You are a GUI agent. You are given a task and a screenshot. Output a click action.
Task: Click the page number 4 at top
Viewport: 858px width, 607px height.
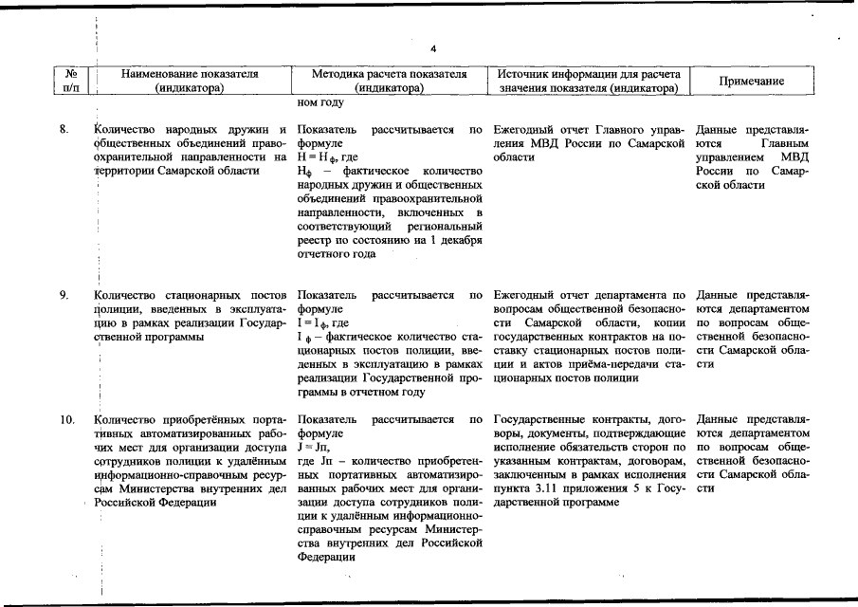coord(431,48)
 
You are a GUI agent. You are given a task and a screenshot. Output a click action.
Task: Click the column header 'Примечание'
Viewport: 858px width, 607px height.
coord(750,82)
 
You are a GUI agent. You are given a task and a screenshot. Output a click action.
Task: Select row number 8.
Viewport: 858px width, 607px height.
coord(64,129)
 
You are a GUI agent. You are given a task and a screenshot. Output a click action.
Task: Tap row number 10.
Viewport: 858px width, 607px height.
coord(66,419)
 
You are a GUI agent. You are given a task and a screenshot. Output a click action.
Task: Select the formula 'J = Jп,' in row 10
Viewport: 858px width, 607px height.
coord(313,447)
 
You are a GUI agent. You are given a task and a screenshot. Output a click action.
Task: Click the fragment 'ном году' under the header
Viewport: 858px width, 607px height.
coord(320,103)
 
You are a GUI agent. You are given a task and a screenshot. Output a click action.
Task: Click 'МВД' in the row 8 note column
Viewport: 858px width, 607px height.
coord(789,156)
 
